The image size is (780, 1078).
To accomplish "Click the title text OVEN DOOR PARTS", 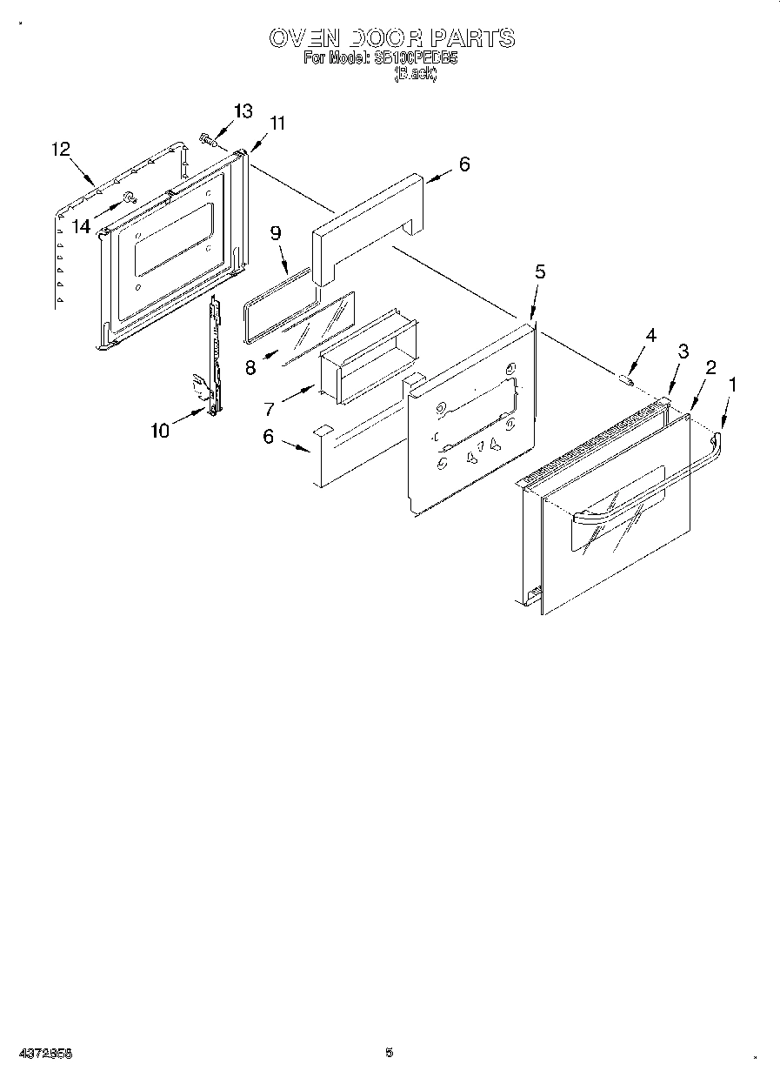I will click(x=391, y=38).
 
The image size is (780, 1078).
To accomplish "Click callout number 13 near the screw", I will click(x=243, y=110).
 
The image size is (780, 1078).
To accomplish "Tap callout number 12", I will click(x=60, y=149).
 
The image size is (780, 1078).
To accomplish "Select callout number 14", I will click(x=81, y=226).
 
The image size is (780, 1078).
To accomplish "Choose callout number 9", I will click(x=276, y=232).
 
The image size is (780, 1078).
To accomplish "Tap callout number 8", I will click(x=250, y=366).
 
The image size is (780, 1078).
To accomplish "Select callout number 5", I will click(x=540, y=271).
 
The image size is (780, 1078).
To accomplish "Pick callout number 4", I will click(x=650, y=336).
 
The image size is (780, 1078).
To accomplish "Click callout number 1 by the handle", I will click(x=731, y=381).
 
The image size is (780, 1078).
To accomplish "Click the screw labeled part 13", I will click(x=207, y=137).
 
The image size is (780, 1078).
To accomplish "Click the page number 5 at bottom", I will click(x=389, y=1053).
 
